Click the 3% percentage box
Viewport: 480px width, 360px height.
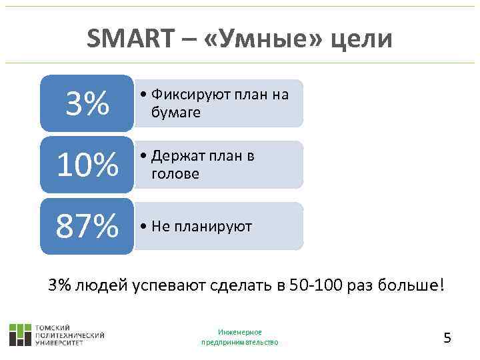[87, 103]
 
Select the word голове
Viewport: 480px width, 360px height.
[175, 174]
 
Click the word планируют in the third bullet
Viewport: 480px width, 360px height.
[213, 227]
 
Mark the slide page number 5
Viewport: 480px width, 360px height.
[447, 338]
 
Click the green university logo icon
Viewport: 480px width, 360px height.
[20, 334]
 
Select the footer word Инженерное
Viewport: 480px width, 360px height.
[240, 332]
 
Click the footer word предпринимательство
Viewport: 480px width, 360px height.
[240, 342]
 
